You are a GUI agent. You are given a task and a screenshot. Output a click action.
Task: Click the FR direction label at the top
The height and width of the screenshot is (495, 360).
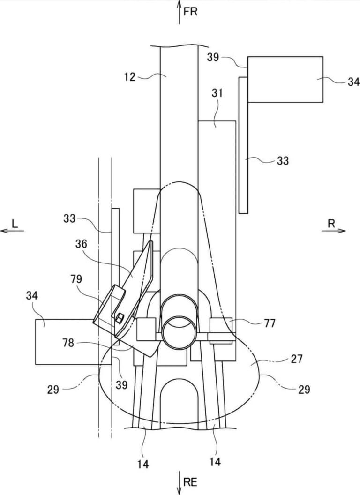190,12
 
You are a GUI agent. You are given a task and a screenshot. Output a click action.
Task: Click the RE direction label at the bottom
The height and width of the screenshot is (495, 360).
190,482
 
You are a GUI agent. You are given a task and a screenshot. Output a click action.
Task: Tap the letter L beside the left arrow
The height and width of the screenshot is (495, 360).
15,224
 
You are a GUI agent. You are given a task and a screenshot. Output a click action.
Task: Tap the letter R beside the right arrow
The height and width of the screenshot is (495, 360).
331,224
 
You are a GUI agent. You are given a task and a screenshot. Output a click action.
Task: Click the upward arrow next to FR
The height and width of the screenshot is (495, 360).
179,12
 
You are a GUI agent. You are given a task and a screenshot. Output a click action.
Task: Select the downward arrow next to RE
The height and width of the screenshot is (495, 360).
179,483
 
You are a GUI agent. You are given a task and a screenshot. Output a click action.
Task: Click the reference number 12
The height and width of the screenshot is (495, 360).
129,77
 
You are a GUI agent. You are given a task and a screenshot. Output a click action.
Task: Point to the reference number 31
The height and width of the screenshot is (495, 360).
217,93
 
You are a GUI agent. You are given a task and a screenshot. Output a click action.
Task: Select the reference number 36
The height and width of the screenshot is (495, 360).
81,244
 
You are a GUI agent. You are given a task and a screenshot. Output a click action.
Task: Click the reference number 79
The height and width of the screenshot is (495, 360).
76,279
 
